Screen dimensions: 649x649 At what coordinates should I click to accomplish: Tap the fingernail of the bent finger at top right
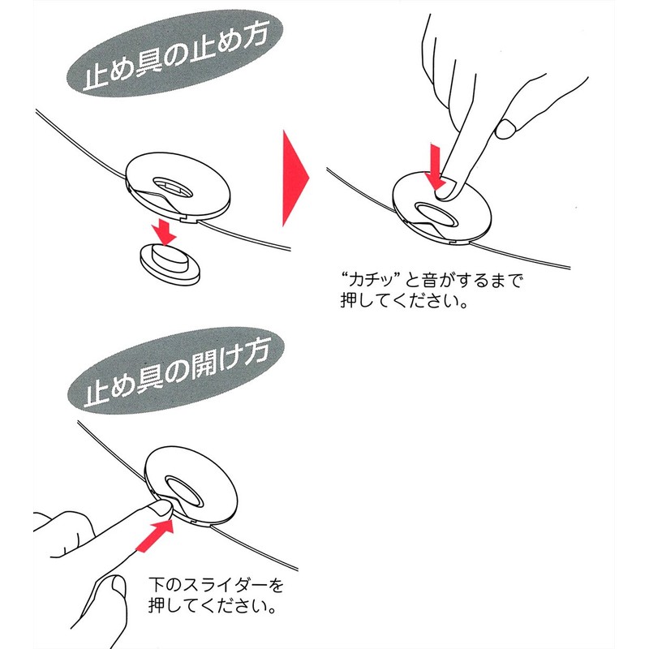506,128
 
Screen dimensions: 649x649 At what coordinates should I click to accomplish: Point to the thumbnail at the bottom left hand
118,587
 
